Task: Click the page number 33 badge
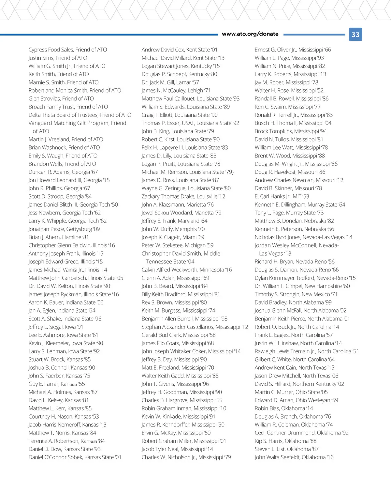point(355,35)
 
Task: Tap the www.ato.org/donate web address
point(250,34)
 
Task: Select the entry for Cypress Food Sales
point(67,50)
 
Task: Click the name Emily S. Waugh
point(63,156)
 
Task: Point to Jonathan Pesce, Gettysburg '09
point(64,229)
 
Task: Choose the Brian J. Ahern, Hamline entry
point(58,237)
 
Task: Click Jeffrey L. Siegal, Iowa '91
point(56,327)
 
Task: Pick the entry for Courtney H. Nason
point(64,416)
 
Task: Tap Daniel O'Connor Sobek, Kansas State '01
point(75,457)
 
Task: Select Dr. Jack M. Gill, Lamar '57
point(170,82)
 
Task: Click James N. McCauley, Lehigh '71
point(176,90)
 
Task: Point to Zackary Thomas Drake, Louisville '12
point(183,196)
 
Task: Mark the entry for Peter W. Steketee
point(177,245)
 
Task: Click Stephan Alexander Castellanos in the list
point(195,327)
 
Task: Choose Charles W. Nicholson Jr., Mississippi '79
point(186,457)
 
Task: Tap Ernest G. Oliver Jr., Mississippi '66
point(293,50)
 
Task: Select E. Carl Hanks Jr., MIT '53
point(282,196)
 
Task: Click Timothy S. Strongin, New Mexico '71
point(296,294)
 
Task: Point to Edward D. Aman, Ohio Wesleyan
point(296,400)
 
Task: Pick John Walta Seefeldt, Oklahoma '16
point(294,457)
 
